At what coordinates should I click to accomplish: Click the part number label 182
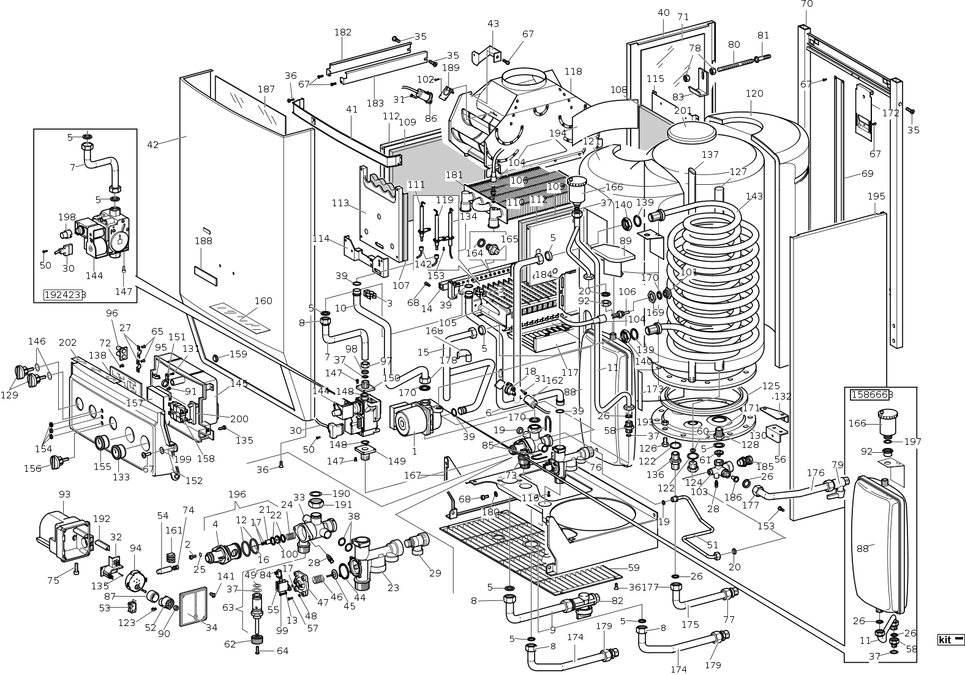tap(343, 32)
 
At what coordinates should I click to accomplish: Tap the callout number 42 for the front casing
tap(153, 145)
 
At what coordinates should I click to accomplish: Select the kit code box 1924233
tap(65, 294)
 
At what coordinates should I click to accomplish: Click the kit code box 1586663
tap(871, 395)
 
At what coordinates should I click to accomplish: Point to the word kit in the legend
tap(945, 640)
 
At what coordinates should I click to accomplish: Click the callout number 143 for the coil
tap(754, 196)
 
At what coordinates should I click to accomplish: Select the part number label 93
tap(65, 494)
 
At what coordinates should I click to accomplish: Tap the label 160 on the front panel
tap(263, 301)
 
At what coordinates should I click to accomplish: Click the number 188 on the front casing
tap(203, 241)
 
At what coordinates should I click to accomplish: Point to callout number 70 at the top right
tap(807, 4)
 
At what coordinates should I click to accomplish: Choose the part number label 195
tap(876, 196)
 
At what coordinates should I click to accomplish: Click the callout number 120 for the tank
tap(754, 94)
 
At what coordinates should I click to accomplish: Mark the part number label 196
tap(237, 494)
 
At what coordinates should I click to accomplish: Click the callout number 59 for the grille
tap(633, 568)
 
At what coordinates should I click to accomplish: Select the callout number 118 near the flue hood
tap(573, 72)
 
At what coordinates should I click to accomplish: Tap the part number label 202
tap(68, 343)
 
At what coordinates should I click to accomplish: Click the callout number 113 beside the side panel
tap(340, 203)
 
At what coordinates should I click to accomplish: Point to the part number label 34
tap(211, 627)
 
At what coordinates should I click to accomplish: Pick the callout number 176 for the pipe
tap(816, 472)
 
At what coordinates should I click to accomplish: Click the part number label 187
tap(266, 89)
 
